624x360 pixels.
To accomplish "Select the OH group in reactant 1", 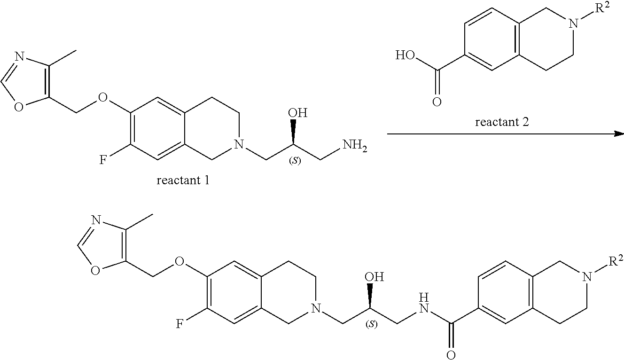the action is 297,113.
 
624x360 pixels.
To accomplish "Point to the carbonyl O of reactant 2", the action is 437,102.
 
